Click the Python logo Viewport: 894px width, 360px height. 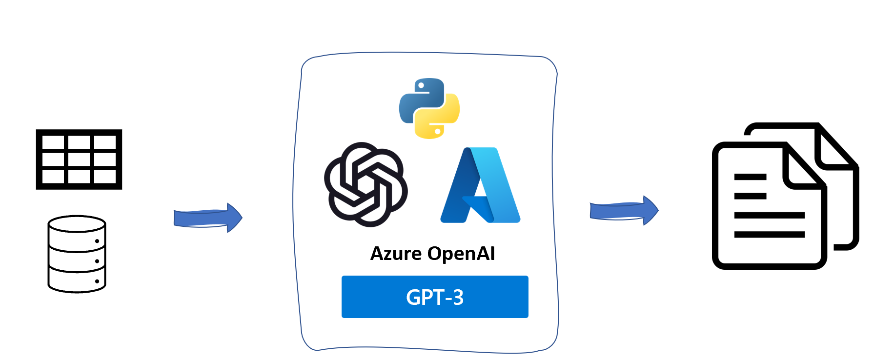pyautogui.click(x=429, y=108)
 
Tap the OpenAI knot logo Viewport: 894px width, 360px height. pyautogui.click(x=366, y=184)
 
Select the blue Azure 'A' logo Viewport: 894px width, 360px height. pyautogui.click(x=481, y=185)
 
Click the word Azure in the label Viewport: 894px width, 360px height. pyautogui.click(x=396, y=254)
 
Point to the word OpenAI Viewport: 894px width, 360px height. pyautogui.click(x=461, y=254)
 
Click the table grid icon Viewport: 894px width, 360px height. pyautogui.click(x=79, y=160)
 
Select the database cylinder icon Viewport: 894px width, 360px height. pyautogui.click(x=77, y=254)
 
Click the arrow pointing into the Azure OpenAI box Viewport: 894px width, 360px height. pyautogui.click(x=208, y=218)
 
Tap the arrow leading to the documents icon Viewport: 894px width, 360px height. pyautogui.click(x=624, y=210)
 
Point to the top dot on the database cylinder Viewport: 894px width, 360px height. pyautogui.click(x=97, y=241)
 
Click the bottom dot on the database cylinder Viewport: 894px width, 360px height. pyautogui.click(x=97, y=281)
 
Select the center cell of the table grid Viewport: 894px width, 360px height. pyautogui.click(x=79, y=160)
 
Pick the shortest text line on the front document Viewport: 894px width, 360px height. pyautogui.click(x=750, y=196)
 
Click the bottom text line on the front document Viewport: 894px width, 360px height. pyautogui.click(x=769, y=235)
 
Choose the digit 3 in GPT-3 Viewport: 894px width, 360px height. pyautogui.click(x=458, y=298)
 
